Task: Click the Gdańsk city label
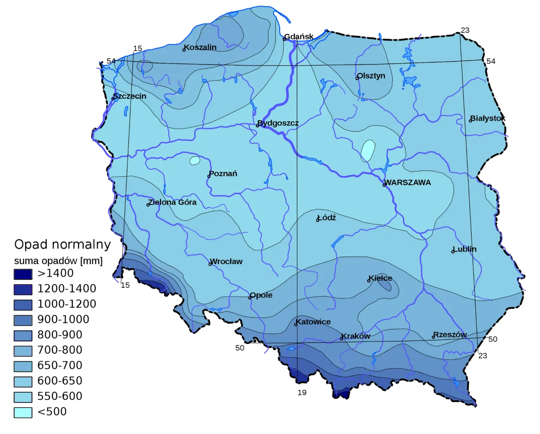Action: (299, 37)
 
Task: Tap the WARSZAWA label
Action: (408, 182)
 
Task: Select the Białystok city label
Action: (488, 118)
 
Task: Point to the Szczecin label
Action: (130, 96)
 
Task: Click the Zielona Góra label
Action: (173, 202)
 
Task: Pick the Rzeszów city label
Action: (450, 335)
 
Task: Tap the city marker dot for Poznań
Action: (209, 176)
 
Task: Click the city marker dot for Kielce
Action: (369, 281)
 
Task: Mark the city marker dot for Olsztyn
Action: (357, 78)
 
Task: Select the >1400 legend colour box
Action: (23, 274)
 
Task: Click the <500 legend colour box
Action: (23, 413)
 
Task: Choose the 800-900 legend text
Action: (60, 335)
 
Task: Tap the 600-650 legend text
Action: (60, 381)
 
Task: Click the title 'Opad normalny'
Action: (62, 244)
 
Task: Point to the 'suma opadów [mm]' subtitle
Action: (58, 261)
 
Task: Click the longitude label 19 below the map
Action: (302, 393)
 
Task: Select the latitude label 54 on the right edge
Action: (491, 62)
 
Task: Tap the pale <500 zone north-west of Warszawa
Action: (368, 150)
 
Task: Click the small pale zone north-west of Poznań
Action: (194, 161)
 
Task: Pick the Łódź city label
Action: (327, 218)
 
